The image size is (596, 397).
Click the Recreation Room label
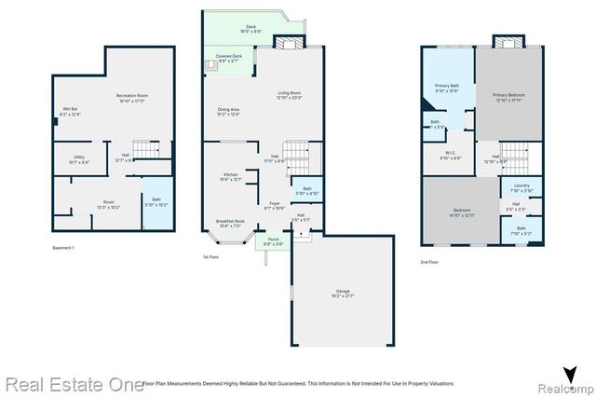click(x=132, y=98)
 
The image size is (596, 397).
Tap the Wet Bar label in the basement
click(x=70, y=111)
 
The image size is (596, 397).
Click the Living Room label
click(x=290, y=95)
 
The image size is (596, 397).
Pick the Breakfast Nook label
click(x=230, y=223)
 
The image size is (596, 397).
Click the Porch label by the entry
click(x=274, y=241)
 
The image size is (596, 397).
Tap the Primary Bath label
click(x=448, y=88)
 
